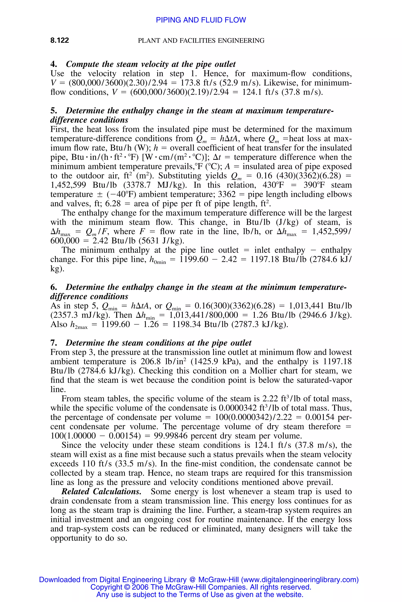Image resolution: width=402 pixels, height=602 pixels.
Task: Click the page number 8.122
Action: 59,40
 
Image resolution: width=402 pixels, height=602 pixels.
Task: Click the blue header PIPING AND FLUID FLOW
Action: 201,20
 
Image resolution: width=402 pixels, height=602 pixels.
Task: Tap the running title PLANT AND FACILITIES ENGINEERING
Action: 201,40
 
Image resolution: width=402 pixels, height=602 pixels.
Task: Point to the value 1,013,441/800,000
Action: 204,315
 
